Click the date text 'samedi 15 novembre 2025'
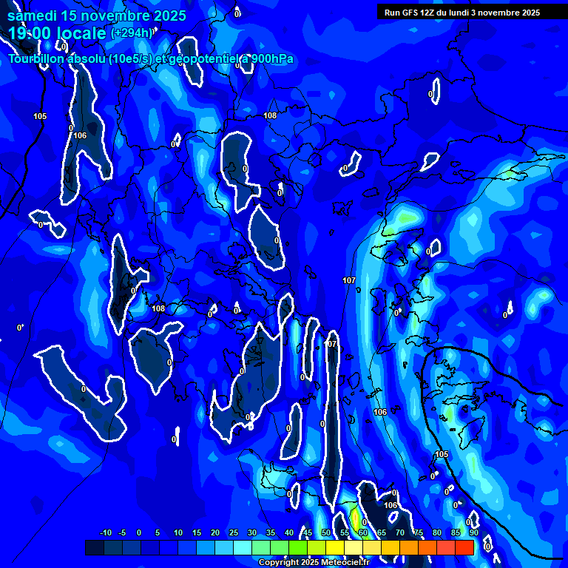[x=97, y=16]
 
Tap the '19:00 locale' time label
[x=58, y=33]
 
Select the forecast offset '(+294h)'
[x=132, y=33]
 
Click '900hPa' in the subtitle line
[x=272, y=59]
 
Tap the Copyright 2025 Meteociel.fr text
[x=314, y=563]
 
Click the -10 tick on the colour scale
[x=105, y=532]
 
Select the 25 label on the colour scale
[x=233, y=532]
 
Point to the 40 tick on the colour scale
[x=289, y=532]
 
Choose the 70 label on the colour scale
[x=400, y=532]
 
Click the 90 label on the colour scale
[x=474, y=532]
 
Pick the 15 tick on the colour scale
[x=196, y=532]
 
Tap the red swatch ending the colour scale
[x=464, y=547]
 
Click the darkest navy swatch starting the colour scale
[x=94, y=547]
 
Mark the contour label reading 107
[x=349, y=280]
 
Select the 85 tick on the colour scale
[x=456, y=532]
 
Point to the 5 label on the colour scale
[x=158, y=532]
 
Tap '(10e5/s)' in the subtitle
[x=130, y=59]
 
